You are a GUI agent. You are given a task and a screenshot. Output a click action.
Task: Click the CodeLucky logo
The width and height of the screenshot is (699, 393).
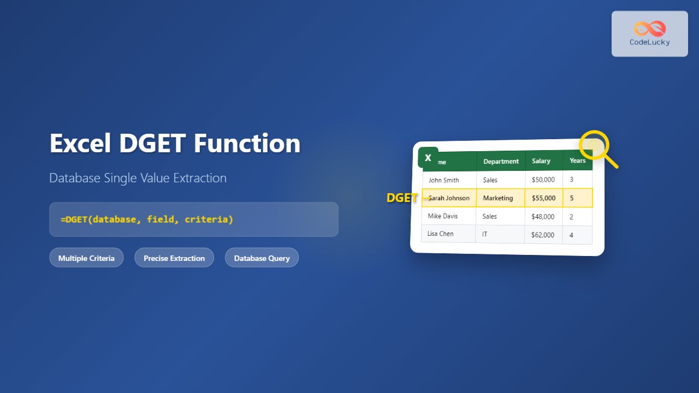pos(649,33)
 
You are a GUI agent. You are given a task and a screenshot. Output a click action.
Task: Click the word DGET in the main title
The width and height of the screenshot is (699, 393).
pos(152,144)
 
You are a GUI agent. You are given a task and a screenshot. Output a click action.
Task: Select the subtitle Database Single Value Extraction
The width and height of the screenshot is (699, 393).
pos(138,178)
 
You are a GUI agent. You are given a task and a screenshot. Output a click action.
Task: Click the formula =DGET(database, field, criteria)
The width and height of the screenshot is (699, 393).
pos(147,219)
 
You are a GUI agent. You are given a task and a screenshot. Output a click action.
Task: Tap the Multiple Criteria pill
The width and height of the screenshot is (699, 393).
pos(86,258)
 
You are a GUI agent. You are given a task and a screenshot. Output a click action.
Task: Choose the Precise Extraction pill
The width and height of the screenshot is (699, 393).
pos(174,258)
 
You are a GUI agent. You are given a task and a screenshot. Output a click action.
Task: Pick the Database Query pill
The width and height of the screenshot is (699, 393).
pos(262,258)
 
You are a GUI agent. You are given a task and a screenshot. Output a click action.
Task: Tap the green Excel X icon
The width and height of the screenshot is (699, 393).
pos(428,158)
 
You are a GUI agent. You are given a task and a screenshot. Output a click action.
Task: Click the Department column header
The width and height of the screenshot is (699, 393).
pos(501,161)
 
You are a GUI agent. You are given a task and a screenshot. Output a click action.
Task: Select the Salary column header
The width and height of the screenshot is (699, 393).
pos(541,161)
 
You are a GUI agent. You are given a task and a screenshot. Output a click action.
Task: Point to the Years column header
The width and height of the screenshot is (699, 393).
pos(577,160)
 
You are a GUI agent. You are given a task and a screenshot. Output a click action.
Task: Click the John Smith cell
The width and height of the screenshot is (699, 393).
pos(444,180)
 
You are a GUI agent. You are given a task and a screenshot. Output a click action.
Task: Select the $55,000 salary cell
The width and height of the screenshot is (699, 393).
pos(543,198)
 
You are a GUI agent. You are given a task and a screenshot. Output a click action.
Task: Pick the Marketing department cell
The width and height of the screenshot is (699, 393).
pos(498,198)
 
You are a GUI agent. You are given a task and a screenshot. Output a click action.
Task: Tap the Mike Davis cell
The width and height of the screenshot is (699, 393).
pos(443,216)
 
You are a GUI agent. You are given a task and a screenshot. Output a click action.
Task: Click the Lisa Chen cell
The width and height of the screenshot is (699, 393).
pos(440,234)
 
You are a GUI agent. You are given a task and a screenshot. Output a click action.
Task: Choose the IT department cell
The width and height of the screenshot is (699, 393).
pos(484,234)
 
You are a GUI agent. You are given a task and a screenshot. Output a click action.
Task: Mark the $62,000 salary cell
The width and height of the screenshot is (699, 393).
pos(543,235)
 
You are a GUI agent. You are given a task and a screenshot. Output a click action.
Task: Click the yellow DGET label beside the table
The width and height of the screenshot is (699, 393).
pos(402,198)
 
